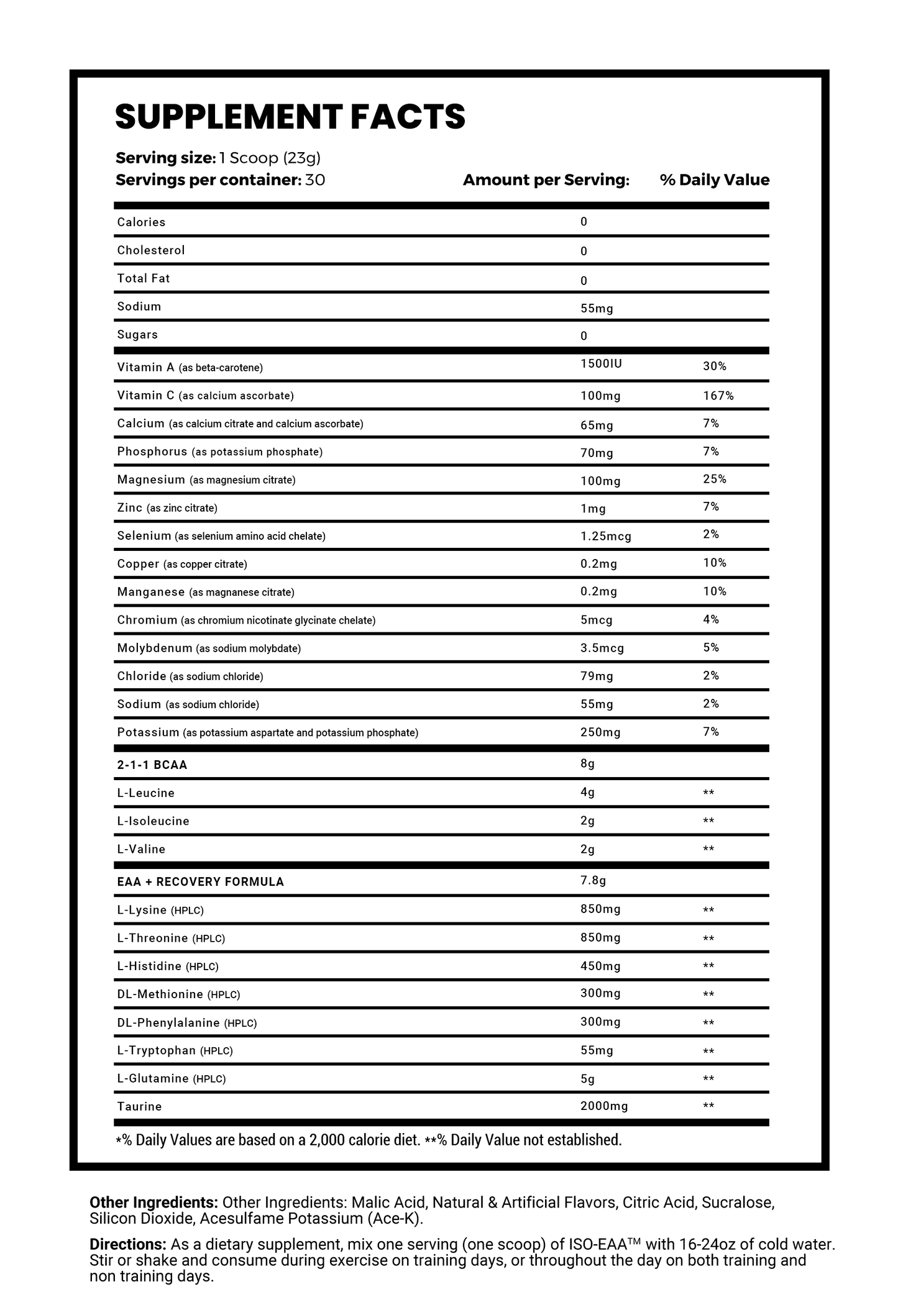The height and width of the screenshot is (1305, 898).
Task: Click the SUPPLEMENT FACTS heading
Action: [x=290, y=116]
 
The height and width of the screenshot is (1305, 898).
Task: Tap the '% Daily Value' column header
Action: [x=715, y=180]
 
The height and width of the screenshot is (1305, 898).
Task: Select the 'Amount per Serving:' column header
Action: [x=546, y=180]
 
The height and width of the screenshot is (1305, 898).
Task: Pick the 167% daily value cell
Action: [x=718, y=396]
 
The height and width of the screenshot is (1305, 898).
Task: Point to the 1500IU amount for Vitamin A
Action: [x=601, y=363]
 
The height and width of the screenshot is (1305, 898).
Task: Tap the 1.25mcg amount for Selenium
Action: [x=606, y=536]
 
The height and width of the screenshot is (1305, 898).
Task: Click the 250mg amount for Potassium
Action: [x=600, y=732]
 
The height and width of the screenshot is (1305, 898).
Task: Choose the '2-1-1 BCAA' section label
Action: [x=152, y=765]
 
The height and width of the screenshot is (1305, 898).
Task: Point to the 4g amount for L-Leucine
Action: [x=587, y=793]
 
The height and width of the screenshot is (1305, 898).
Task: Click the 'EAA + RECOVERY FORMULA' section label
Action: [x=200, y=882]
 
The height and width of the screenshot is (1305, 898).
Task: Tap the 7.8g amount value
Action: [x=593, y=880]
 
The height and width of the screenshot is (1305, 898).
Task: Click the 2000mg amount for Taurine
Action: [x=604, y=1106]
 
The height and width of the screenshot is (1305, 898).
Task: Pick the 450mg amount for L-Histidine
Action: [x=600, y=966]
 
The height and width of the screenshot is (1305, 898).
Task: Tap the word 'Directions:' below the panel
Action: [x=126, y=1245]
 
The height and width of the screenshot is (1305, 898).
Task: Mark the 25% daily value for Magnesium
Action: [x=715, y=479]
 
